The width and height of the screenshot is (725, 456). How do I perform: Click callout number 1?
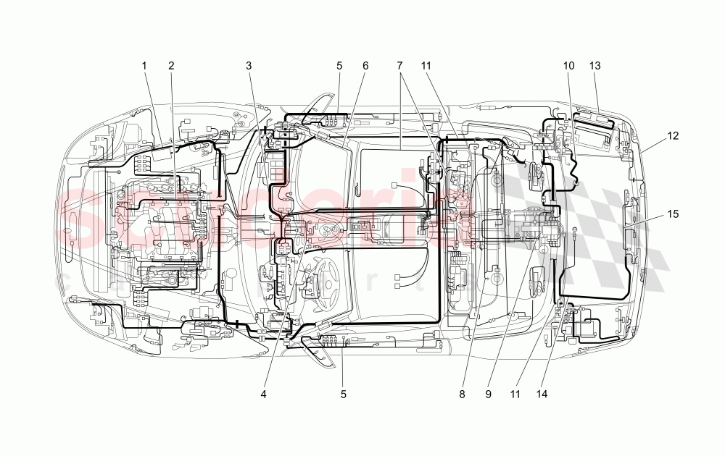pyautogui.click(x=144, y=66)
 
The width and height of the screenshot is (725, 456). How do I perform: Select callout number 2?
pyautogui.click(x=171, y=66)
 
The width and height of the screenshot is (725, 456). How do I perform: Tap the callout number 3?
pyautogui.click(x=249, y=66)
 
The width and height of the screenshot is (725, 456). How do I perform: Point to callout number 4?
pyautogui.click(x=264, y=394)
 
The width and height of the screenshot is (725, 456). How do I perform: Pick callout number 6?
pyautogui.click(x=365, y=66)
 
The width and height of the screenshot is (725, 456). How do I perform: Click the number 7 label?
pyautogui.click(x=399, y=66)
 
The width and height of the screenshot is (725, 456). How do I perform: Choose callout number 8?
pyautogui.click(x=461, y=394)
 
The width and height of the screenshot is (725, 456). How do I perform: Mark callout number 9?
pyautogui.click(x=489, y=394)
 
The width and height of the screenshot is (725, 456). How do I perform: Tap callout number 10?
pyautogui.click(x=569, y=66)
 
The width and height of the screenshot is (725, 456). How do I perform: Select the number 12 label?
pyautogui.click(x=674, y=135)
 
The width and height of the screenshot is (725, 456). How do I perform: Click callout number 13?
pyautogui.click(x=595, y=66)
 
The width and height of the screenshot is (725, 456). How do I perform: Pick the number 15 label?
pyautogui.click(x=674, y=214)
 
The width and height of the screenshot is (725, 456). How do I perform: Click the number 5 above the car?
pyautogui.click(x=339, y=66)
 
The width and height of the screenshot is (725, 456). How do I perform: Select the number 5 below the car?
pyautogui.click(x=344, y=394)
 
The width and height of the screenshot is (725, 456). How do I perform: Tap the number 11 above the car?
pyautogui.click(x=426, y=66)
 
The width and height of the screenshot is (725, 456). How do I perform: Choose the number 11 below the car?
pyautogui.click(x=515, y=394)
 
